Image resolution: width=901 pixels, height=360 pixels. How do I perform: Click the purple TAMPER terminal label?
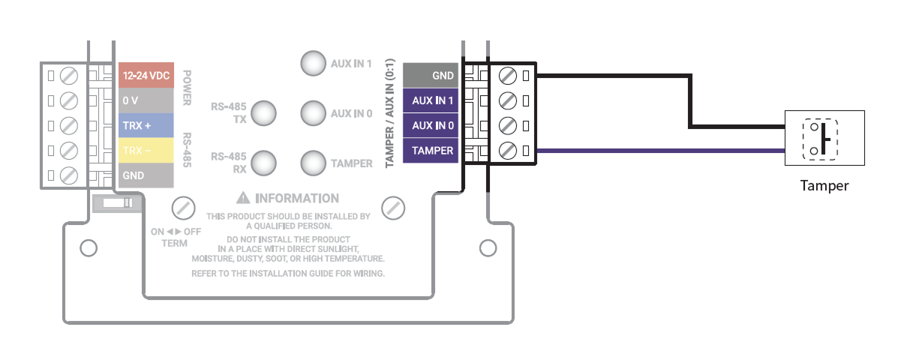coord(432,151)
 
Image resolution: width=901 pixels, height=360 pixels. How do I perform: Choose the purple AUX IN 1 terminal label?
coord(432,100)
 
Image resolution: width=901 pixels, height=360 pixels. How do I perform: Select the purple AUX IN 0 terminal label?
coord(432,125)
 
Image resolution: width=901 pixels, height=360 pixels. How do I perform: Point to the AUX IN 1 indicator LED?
coord(313,64)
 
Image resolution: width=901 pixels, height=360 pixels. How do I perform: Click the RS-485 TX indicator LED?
coord(263,113)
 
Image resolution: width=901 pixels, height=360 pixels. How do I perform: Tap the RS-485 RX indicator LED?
coord(263,163)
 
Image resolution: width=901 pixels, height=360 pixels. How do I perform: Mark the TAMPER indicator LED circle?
coord(313,163)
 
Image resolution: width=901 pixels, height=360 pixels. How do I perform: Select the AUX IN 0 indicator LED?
coord(313,113)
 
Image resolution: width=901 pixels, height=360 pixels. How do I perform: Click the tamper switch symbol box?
coord(824,137)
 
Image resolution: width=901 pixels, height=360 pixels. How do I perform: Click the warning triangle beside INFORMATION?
coord(242,199)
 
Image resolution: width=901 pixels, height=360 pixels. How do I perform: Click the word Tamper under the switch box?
coord(824,185)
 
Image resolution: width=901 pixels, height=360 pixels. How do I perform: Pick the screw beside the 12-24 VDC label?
coord(69,76)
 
